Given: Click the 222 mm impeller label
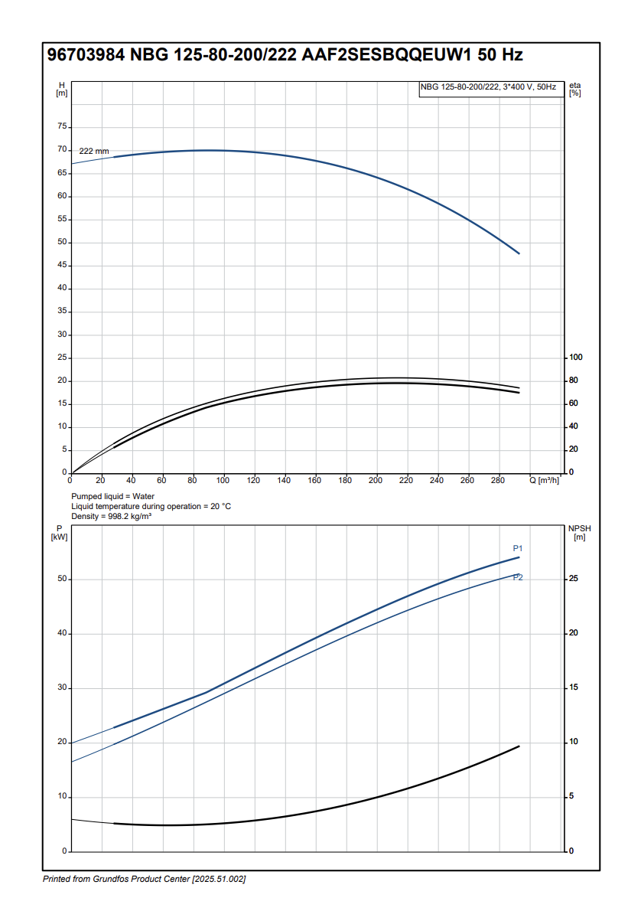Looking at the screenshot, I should click(94, 152).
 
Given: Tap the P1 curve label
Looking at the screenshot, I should click(517, 548).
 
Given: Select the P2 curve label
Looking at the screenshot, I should click(518, 577).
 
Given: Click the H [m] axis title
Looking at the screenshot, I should click(61, 90).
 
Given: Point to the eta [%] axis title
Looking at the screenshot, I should click(574, 90).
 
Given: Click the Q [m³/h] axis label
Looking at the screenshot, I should click(544, 480).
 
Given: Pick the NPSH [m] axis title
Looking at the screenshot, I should click(579, 533).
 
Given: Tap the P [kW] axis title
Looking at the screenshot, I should click(60, 533).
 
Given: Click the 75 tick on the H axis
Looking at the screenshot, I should click(62, 127).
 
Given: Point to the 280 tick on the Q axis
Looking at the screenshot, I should click(497, 480).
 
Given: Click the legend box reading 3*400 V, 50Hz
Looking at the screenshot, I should click(488, 88).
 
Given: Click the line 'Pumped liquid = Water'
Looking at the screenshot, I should click(112, 497).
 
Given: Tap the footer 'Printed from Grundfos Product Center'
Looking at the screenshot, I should click(144, 879).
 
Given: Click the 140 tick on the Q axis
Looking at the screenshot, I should click(284, 480).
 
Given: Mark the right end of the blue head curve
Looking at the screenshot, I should click(519, 253).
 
